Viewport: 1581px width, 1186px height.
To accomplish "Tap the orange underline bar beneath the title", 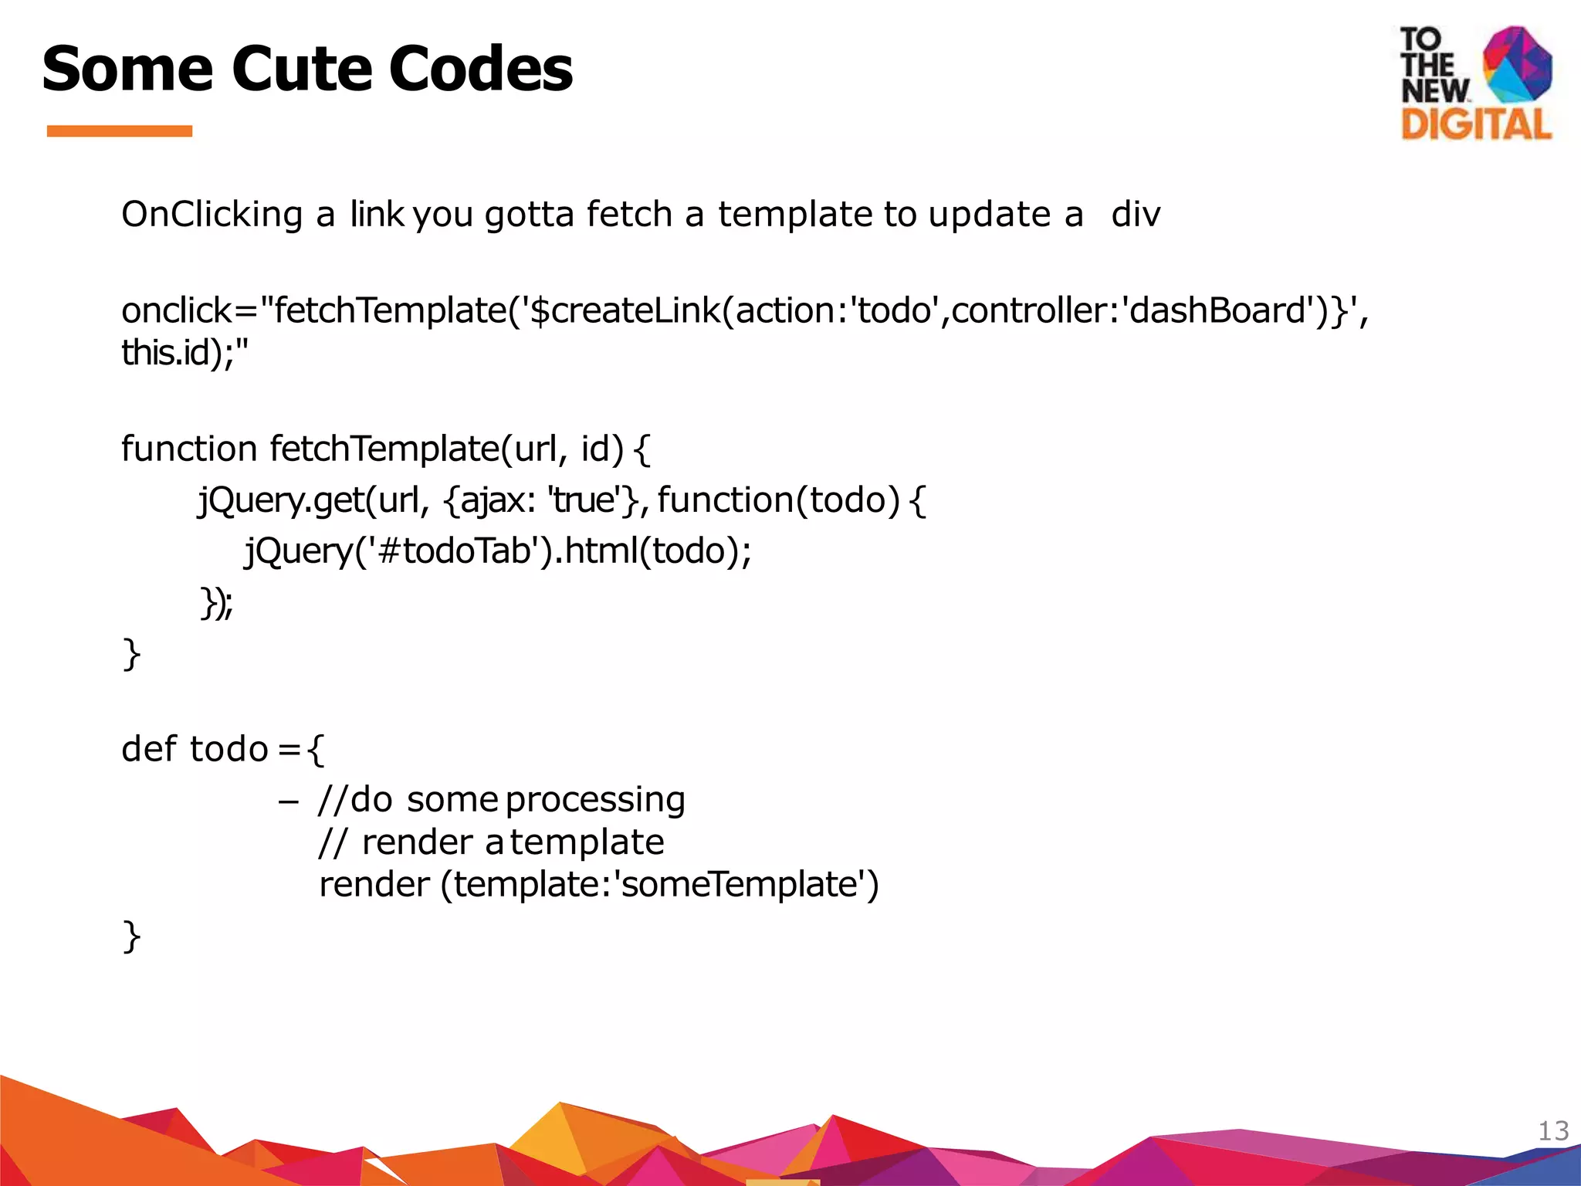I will click(x=120, y=131).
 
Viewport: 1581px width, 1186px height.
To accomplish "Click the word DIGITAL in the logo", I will click(x=1476, y=124).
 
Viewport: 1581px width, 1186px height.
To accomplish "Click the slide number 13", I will click(x=1553, y=1130).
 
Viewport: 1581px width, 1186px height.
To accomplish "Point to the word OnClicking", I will click(x=212, y=215).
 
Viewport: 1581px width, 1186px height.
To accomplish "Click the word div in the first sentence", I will click(x=1135, y=215).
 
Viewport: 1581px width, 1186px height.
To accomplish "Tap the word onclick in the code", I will click(x=177, y=310).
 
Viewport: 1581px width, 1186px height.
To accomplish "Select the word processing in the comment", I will click(x=595, y=800).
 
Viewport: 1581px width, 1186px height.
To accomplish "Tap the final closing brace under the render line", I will click(x=131, y=936).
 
